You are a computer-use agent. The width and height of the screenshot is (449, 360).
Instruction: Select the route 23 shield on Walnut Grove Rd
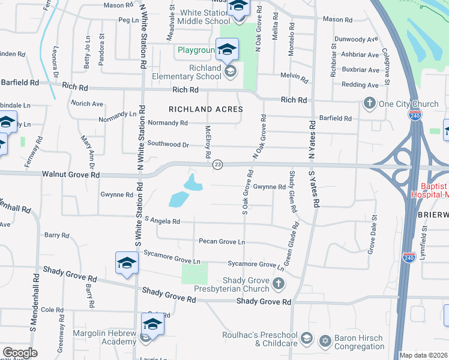click(218, 164)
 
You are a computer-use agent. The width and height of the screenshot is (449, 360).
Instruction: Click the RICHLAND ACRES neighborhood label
click(206, 109)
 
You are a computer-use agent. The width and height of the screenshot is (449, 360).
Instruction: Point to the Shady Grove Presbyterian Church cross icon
click(277, 283)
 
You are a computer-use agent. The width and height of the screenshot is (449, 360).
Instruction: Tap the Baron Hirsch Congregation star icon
click(325, 341)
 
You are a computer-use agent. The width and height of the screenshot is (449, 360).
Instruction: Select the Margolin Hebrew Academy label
click(105, 337)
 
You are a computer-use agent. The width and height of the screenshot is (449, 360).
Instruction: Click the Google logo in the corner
click(19, 353)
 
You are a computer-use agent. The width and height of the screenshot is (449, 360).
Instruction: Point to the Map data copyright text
click(423, 355)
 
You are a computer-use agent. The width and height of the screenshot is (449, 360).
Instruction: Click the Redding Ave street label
click(360, 85)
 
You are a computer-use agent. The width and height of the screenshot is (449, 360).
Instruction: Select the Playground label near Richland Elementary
click(196, 50)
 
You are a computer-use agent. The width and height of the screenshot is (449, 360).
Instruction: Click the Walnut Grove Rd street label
click(71, 175)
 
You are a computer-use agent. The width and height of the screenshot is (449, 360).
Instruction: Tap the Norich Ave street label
click(88, 103)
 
